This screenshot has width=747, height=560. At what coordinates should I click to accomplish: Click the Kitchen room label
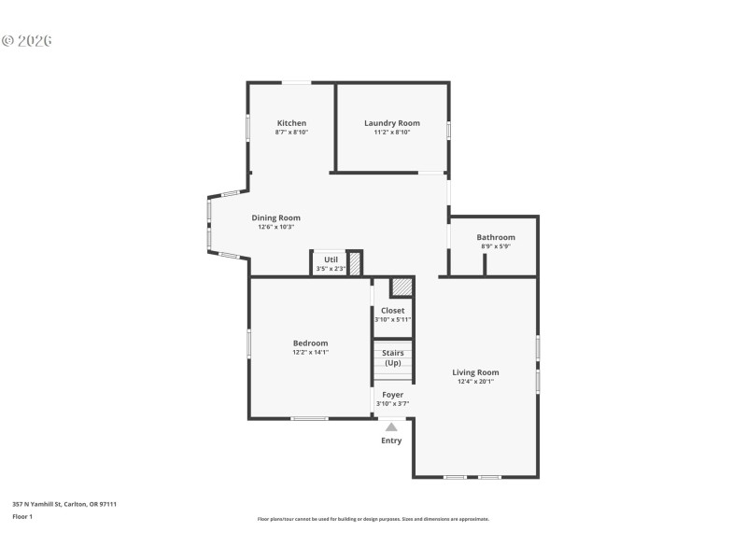(291, 123)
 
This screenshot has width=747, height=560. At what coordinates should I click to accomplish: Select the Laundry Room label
(392, 123)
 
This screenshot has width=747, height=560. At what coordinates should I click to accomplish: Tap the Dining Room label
(275, 217)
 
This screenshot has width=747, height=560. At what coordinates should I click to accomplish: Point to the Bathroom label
(496, 237)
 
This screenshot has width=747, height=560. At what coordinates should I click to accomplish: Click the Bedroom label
(310, 343)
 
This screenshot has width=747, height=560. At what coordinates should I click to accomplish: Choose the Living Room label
(475, 372)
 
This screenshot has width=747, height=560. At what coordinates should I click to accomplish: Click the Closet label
(392, 311)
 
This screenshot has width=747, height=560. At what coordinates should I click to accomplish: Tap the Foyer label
(392, 395)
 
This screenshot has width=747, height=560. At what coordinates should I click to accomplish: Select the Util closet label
(331, 260)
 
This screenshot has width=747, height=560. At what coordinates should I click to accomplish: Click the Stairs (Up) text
(392, 357)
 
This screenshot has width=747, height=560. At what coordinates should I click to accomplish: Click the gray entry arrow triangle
(391, 427)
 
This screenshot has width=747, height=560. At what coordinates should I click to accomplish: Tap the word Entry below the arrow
(391, 441)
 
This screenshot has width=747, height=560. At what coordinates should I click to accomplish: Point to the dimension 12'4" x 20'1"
(475, 382)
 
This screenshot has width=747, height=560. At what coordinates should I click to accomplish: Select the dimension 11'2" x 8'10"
(392, 133)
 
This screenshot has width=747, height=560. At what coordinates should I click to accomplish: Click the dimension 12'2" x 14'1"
(310, 353)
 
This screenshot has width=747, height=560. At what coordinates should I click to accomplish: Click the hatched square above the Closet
(402, 287)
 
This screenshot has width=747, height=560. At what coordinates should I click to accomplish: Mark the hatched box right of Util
(355, 262)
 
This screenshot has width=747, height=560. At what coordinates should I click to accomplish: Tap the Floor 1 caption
(22, 516)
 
